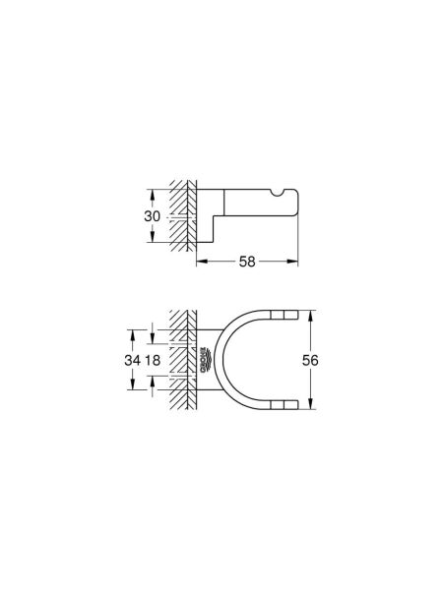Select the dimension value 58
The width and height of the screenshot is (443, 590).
(x=247, y=263)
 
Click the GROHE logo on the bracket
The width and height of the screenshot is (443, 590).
(x=205, y=361)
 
